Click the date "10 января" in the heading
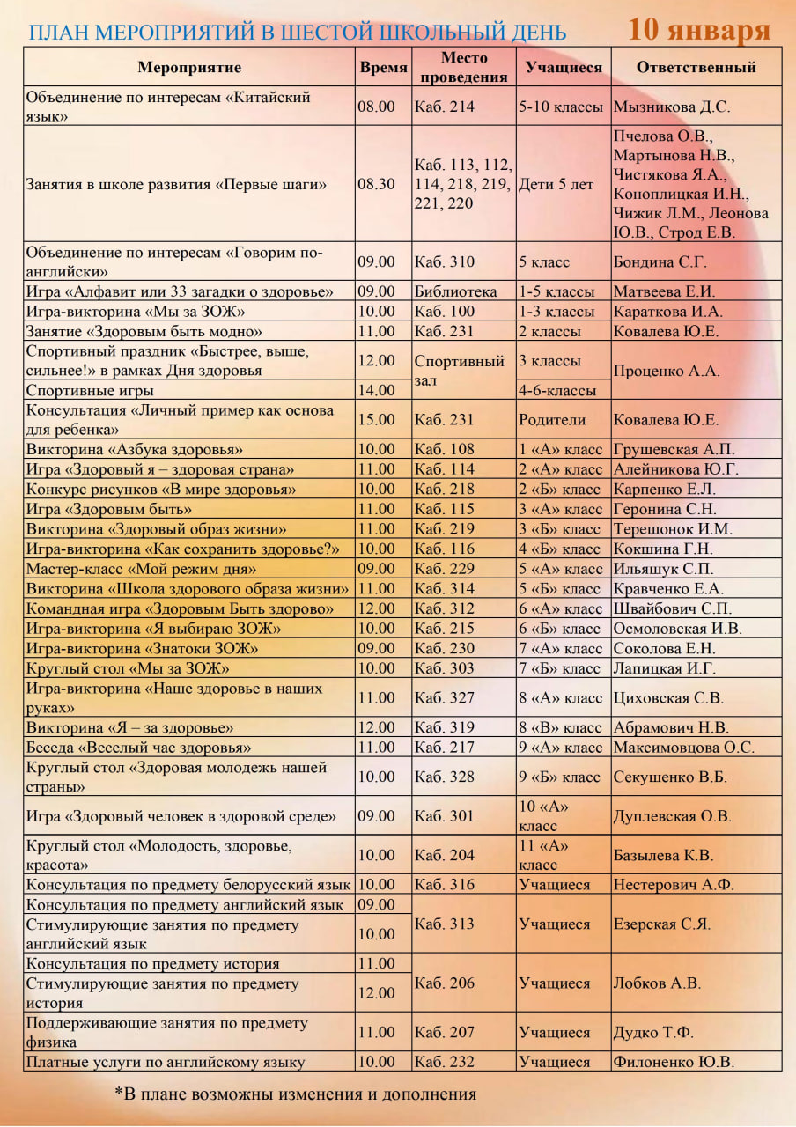coord(699,29)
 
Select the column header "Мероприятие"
coord(189,67)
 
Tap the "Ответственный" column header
coord(696,67)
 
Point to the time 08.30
coord(376,185)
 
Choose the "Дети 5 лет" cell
coord(556,185)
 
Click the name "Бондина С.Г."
coord(660,261)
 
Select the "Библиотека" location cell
coord(455,291)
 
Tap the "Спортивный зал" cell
coord(459,371)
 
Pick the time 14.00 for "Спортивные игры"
coord(376,390)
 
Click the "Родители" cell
coord(552,420)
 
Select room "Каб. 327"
coord(444,697)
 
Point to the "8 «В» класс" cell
coord(560,727)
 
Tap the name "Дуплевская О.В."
coord(672,816)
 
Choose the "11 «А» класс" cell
coord(544,855)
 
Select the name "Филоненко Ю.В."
coord(673,1062)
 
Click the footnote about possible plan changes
coord(295,1094)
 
